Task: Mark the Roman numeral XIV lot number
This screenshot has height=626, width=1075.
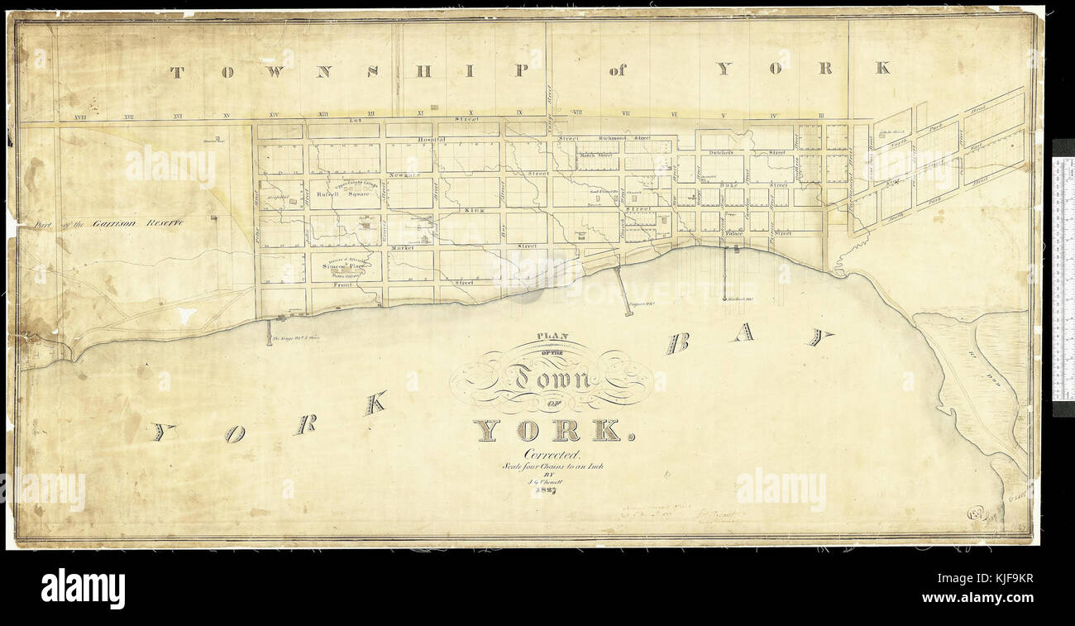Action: coord(274,114)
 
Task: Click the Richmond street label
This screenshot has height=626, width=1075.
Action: coord(614,139)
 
